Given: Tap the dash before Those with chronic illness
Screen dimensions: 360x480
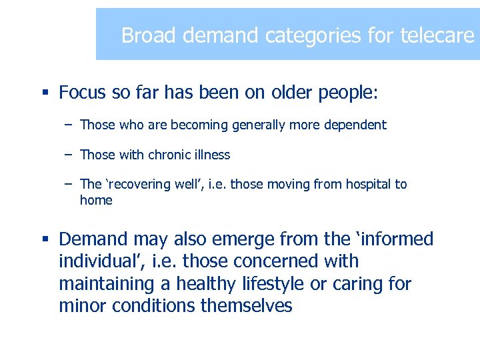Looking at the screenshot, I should point(69,155).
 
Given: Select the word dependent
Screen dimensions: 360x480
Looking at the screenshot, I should point(357,125).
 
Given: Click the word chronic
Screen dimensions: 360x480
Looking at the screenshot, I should point(169,155).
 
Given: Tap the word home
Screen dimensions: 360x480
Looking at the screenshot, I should point(96,200).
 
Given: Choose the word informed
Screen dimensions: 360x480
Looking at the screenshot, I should point(394,239).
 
